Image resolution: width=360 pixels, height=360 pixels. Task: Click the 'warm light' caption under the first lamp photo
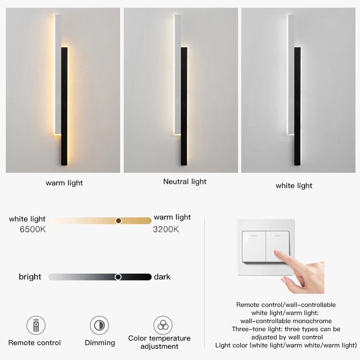(64, 183)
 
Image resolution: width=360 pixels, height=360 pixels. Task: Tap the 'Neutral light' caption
(185, 182)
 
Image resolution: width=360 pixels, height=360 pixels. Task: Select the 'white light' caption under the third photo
(294, 185)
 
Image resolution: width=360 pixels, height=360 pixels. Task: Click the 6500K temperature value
(33, 229)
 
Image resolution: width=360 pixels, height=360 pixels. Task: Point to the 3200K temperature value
(166, 229)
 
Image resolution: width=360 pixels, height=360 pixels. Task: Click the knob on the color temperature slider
(118, 220)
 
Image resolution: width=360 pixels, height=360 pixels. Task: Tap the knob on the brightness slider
(118, 277)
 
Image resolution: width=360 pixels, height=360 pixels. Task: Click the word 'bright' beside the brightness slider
(30, 277)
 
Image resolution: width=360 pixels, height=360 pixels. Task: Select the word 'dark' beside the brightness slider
(162, 277)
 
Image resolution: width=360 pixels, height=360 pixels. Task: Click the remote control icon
(36, 325)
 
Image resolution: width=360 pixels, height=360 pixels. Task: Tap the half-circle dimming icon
(99, 325)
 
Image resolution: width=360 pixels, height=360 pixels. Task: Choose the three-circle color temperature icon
(163, 325)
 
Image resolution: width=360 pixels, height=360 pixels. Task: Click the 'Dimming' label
(100, 343)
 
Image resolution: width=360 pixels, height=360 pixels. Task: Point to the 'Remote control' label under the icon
(35, 343)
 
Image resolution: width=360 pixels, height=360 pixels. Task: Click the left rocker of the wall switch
(254, 247)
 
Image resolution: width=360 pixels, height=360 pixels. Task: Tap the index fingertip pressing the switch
(277, 252)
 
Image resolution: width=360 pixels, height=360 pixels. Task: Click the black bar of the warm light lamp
(64, 106)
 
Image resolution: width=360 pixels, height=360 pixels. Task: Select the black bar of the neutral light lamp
(184, 106)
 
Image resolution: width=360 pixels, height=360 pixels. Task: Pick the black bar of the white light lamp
(297, 106)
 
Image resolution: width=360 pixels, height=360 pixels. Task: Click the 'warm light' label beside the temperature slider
(172, 217)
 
